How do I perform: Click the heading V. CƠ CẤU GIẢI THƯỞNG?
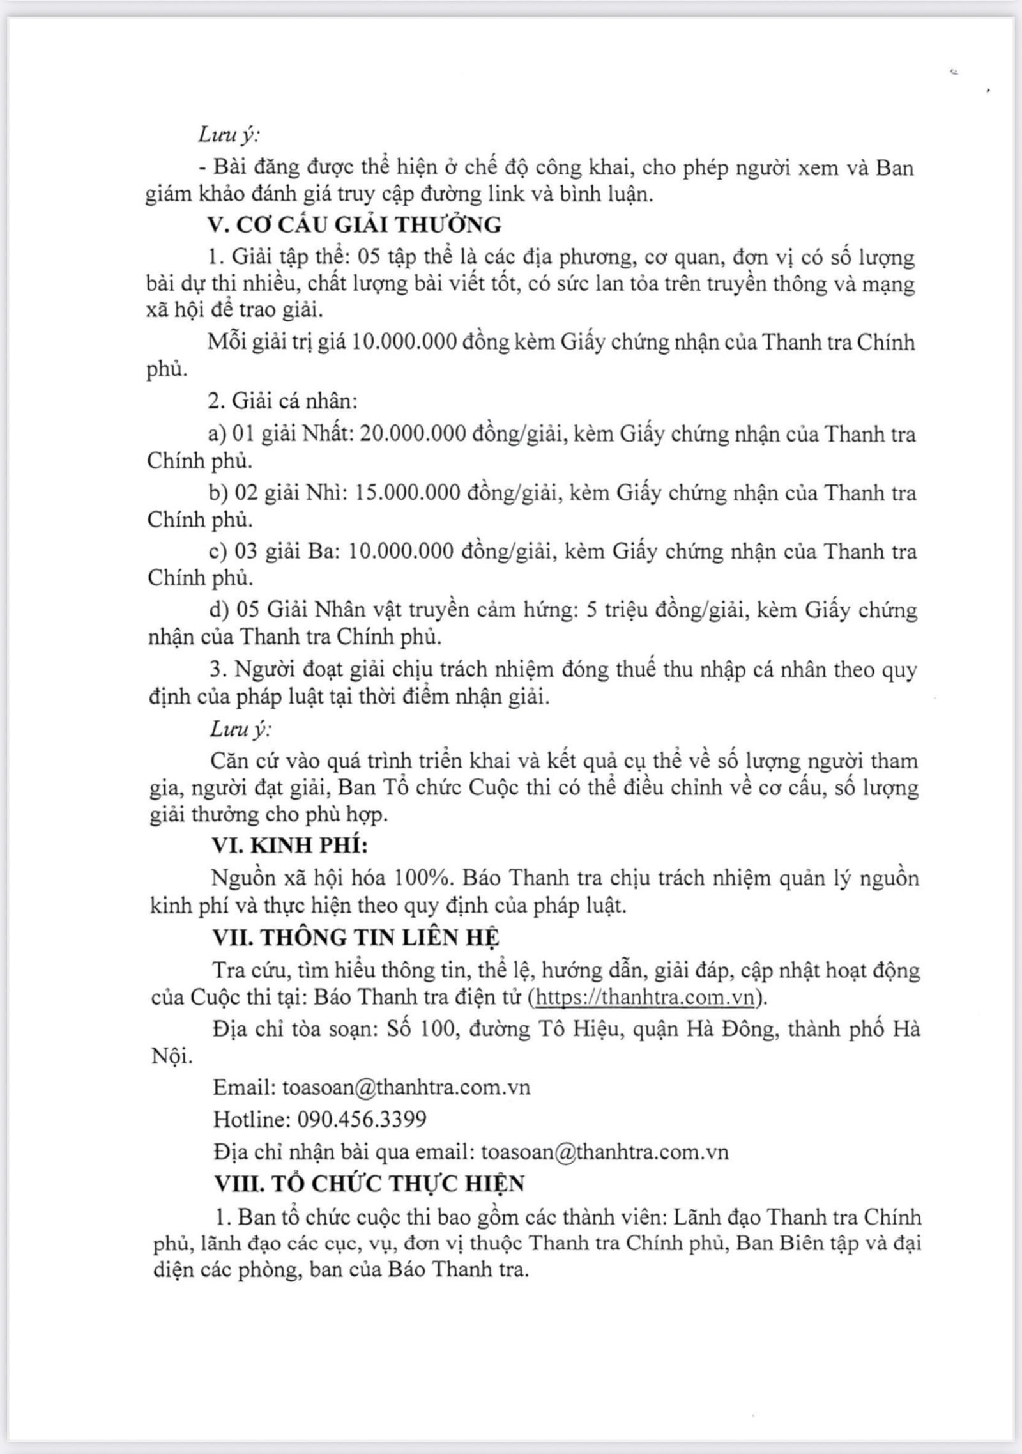click(x=355, y=225)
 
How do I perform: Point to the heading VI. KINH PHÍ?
click(x=290, y=846)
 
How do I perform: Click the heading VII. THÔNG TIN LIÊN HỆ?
click(x=356, y=938)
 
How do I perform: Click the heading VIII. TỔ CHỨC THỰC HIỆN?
click(x=369, y=1184)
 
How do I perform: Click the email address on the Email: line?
click(x=406, y=1087)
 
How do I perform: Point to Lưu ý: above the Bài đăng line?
click(x=229, y=135)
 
